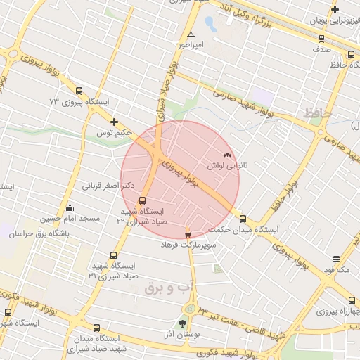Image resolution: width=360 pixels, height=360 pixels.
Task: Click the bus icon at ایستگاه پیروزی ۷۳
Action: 78,91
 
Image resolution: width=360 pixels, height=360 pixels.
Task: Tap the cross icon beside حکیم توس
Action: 114,122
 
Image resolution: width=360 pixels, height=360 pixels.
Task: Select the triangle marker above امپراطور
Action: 191,34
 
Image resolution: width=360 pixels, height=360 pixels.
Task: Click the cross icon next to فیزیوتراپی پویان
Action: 335,10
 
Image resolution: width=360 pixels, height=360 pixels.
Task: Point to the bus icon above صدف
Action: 351,54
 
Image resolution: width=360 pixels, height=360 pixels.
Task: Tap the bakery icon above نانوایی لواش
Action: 226,155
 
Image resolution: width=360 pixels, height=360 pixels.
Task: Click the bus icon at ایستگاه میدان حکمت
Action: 243,219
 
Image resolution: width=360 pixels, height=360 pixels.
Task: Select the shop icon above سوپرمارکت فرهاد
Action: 187,234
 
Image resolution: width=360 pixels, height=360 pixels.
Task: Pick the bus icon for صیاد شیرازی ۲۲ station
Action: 143,200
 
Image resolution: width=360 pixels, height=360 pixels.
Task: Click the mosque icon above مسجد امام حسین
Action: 69,208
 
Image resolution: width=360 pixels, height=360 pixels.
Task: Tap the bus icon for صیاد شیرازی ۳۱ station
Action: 113,255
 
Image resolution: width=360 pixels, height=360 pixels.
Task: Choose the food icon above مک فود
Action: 337,259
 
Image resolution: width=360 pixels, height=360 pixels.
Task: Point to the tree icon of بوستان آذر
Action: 184,324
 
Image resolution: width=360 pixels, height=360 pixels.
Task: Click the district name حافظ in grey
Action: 318,112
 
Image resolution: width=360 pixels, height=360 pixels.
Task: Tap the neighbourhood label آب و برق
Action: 162,288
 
